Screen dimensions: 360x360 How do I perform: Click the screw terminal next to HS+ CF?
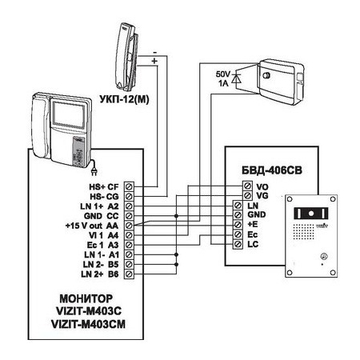point(129,186)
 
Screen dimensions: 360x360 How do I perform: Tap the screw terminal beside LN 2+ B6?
point(129,274)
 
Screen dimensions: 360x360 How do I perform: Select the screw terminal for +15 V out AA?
point(129,226)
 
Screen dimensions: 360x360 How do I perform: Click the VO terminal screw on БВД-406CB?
point(247,186)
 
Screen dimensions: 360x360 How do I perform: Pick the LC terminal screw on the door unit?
point(238,244)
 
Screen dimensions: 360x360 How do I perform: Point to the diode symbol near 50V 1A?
point(236,78)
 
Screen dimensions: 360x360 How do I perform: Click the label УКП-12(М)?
point(124,99)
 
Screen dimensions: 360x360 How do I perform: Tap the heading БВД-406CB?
point(272,170)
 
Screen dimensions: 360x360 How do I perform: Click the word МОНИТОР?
point(86,298)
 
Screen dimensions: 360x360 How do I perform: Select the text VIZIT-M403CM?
point(88,324)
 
